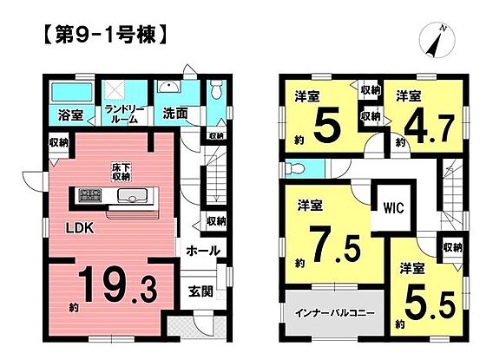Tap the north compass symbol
[437, 40]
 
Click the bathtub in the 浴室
[72, 91]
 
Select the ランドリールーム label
[124, 114]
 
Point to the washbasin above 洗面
[169, 87]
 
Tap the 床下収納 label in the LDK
[122, 172]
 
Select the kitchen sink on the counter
[132, 195]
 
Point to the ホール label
[203, 251]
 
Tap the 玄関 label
[200, 291]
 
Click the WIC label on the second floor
[393, 207]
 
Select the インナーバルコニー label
[334, 313]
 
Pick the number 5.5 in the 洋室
[430, 304]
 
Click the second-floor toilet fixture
[293, 169]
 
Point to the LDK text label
[80, 228]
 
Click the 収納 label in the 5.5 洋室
[453, 248]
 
